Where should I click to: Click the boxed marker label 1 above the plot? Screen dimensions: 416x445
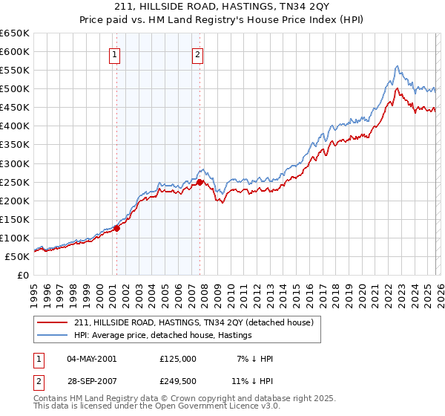pos(116,53)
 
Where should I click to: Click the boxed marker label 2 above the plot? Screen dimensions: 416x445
pos(199,53)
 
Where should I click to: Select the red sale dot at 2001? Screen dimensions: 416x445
pos(116,228)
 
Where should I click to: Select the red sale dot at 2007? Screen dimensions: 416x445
pos(200,182)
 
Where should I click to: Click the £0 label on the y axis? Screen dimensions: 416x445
pos(23,275)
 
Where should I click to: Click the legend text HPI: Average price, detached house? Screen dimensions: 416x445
pos(163,335)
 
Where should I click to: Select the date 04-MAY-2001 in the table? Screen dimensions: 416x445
pos(91,358)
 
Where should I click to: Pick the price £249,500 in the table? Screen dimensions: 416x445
pos(177,383)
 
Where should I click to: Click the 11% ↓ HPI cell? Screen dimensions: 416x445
pos(255,383)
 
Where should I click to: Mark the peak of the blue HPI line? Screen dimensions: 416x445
pos(398,65)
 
